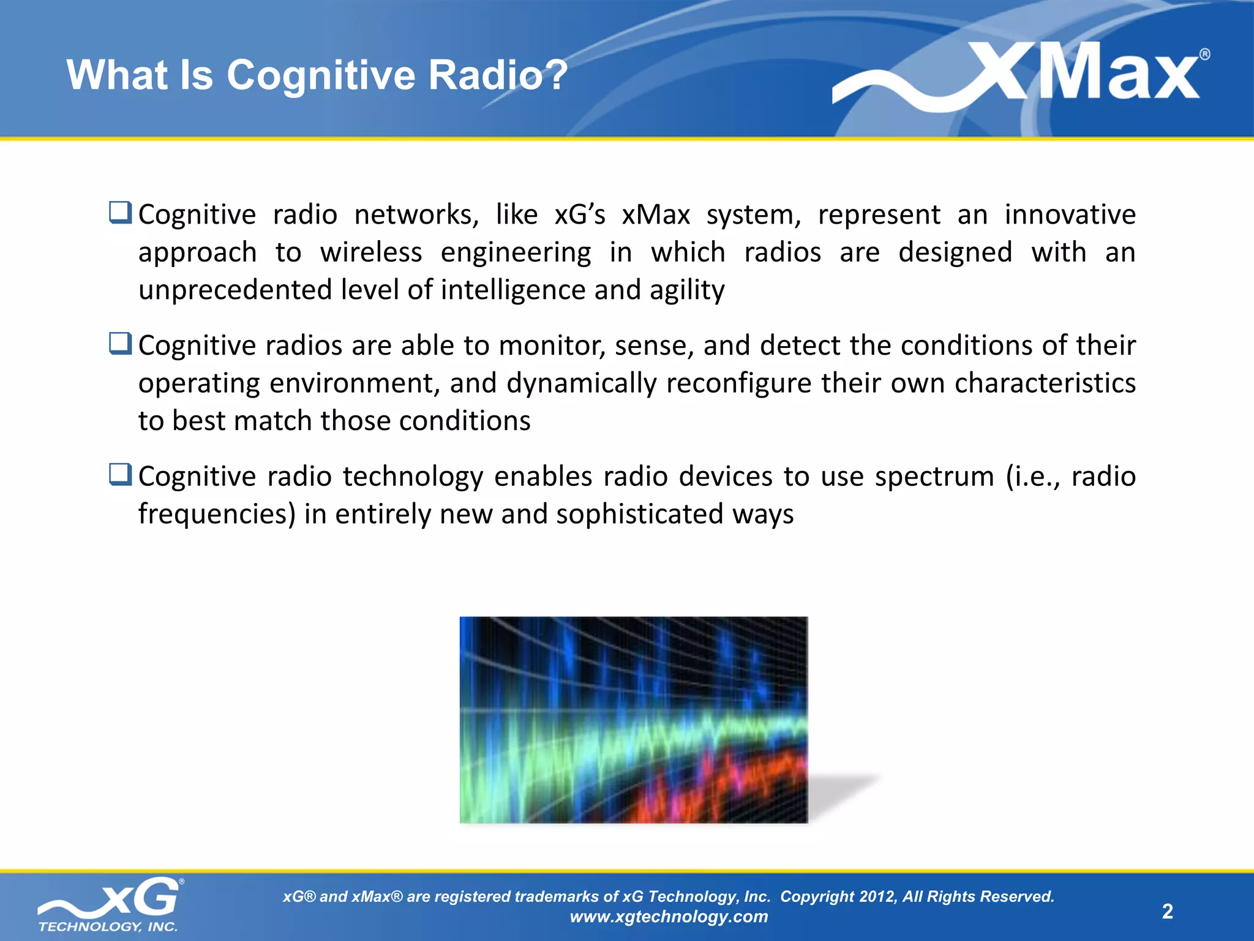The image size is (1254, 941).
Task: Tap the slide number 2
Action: pyautogui.click(x=1167, y=912)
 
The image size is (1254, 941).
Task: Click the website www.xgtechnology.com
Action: pyautogui.click(x=669, y=916)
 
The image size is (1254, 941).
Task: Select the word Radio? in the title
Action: pyautogui.click(x=498, y=75)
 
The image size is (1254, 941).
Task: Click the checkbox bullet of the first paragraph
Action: pyautogui.click(x=120, y=213)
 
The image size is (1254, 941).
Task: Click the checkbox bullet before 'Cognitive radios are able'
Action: pyautogui.click(x=120, y=343)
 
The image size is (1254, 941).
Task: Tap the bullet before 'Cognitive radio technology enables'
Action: pyautogui.click(x=120, y=474)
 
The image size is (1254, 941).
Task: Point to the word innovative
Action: pyautogui.click(x=1070, y=215)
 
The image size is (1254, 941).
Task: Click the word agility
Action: pyautogui.click(x=687, y=290)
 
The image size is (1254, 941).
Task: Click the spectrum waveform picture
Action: pyautogui.click(x=633, y=720)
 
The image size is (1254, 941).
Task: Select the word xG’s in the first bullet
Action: pyautogui.click(x=579, y=215)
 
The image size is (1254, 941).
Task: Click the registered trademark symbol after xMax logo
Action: pyautogui.click(x=1204, y=55)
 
